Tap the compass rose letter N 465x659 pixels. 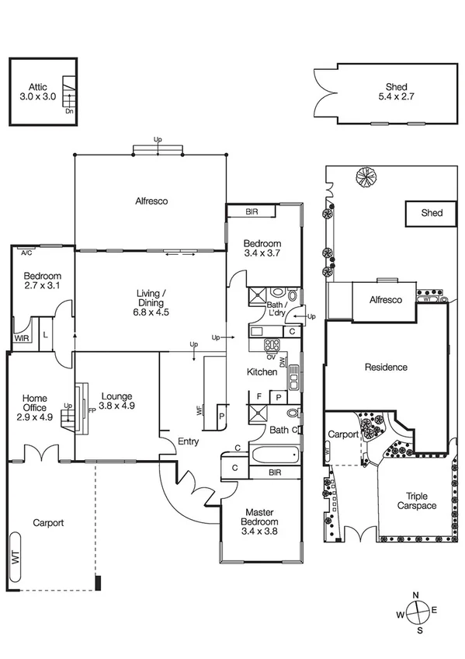(x=416, y=595)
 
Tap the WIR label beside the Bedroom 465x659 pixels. (x=21, y=338)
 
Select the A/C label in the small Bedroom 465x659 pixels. (x=26, y=253)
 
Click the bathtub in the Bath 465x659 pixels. (x=273, y=454)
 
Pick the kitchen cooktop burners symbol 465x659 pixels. (x=272, y=345)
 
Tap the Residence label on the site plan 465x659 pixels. (x=386, y=367)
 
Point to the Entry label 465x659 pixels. (x=187, y=441)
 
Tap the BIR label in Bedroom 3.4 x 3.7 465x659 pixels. (x=252, y=211)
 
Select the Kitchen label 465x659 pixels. (x=262, y=372)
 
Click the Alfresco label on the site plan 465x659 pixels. (x=385, y=300)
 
